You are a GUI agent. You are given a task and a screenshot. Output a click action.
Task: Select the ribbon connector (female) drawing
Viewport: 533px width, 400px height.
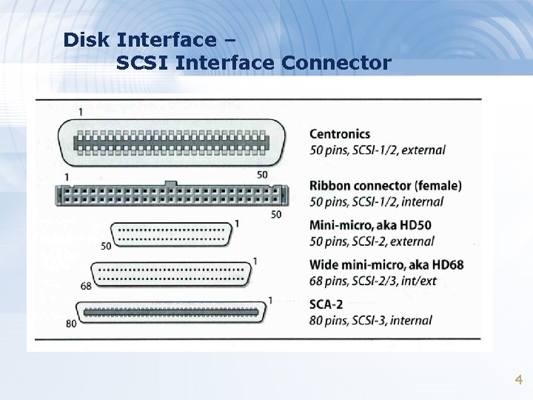coord(170,196)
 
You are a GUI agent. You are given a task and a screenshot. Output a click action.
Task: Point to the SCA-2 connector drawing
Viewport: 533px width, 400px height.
coord(171,312)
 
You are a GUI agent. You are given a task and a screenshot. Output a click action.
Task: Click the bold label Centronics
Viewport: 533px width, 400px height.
coord(339,134)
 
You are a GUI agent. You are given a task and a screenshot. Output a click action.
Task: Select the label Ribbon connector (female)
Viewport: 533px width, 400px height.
coord(385,185)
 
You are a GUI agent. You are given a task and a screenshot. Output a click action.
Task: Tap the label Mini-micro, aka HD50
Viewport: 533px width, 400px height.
coord(371,225)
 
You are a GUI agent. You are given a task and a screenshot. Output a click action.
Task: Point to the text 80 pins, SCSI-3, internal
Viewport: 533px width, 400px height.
coord(370,321)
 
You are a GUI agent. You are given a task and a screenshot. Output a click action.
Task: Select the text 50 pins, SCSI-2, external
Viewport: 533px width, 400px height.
coord(371,241)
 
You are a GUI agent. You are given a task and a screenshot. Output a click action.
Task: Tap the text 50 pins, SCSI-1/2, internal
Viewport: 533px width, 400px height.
coord(376,201)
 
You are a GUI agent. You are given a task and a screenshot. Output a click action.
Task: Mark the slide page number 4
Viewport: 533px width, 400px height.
coord(518,380)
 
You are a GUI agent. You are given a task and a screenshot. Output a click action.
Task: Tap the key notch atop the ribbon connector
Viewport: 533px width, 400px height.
coord(170,182)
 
